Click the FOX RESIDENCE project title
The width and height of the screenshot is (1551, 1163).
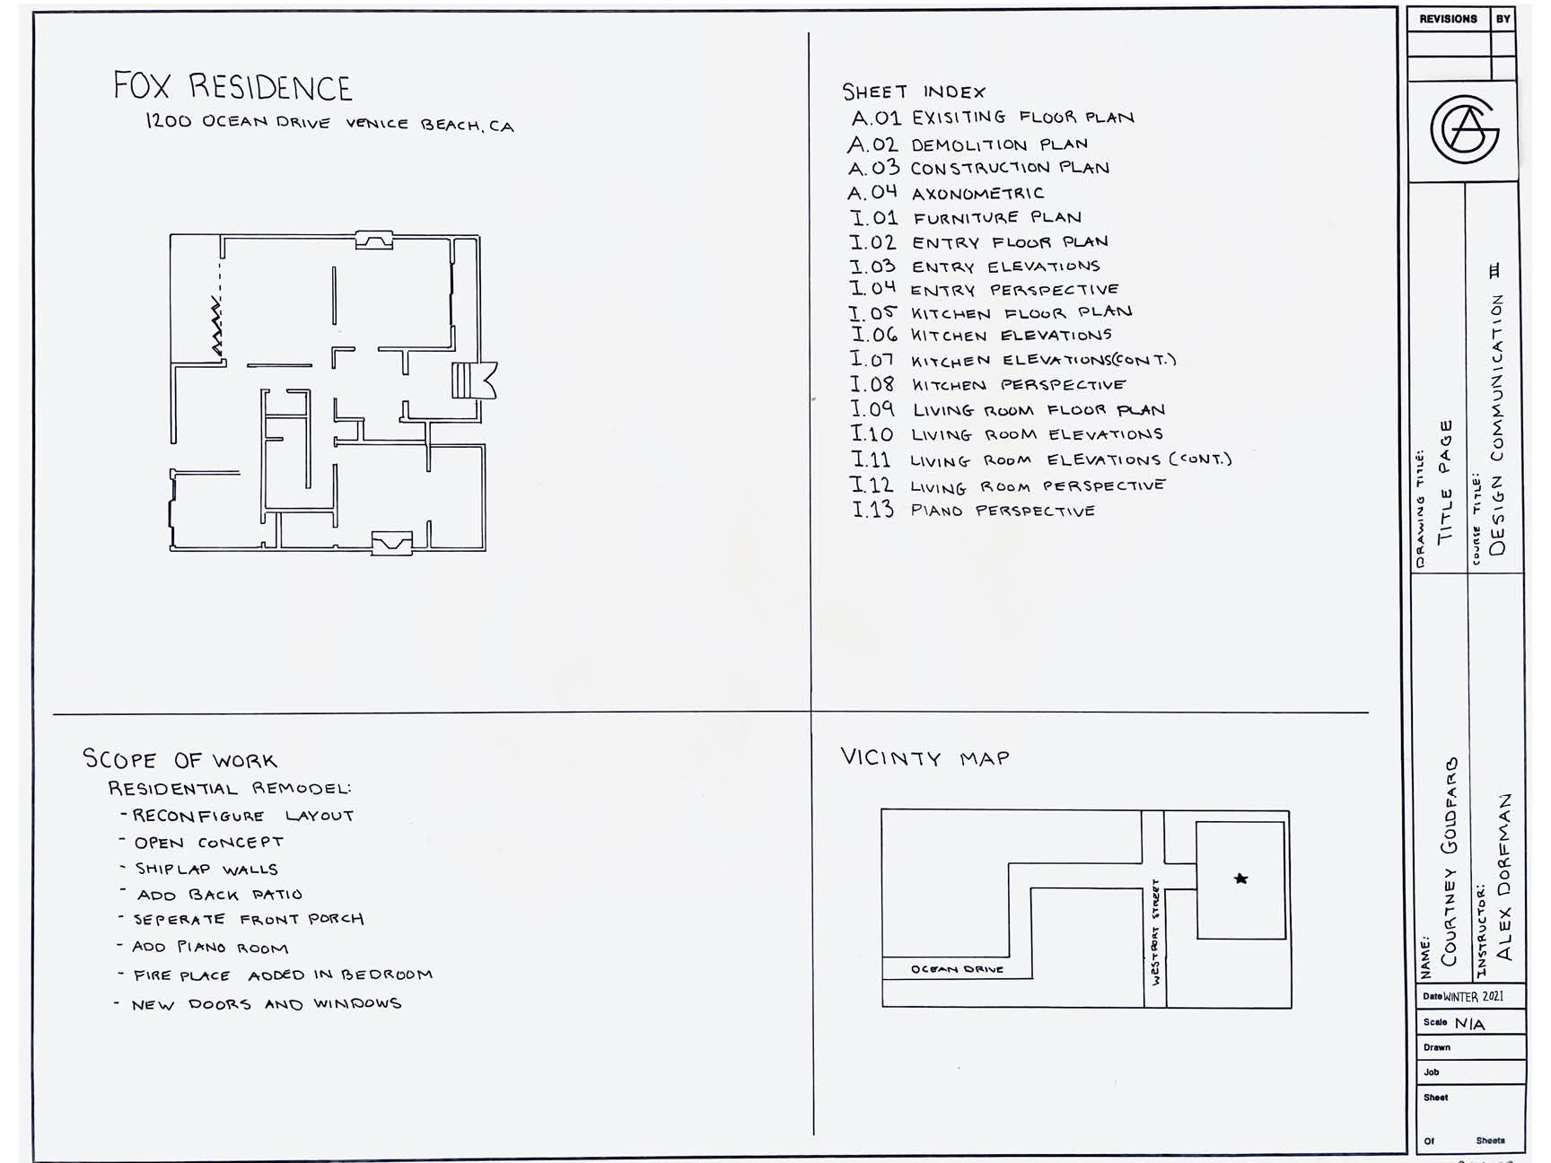[x=232, y=87]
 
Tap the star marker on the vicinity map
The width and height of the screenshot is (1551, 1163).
[x=1240, y=879]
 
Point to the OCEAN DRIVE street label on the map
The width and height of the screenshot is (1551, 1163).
[x=957, y=969]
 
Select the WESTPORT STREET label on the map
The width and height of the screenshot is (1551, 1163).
[x=1155, y=932]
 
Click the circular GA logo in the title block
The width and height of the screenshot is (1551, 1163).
[x=1464, y=130]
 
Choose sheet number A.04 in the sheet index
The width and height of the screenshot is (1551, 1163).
[x=872, y=193]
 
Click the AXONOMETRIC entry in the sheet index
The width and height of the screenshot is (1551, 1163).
[x=977, y=194]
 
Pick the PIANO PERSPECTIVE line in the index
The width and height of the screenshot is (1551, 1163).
[x=1003, y=511]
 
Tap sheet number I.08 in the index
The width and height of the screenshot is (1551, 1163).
[x=872, y=384]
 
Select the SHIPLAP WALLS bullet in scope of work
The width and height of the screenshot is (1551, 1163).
[x=206, y=869]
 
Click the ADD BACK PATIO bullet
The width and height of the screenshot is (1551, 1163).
[x=219, y=895]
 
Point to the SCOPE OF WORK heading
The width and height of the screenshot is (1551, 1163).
[x=180, y=760]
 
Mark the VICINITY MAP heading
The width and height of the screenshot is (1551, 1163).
[x=924, y=758]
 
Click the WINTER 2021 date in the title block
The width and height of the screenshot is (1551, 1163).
[x=1473, y=996]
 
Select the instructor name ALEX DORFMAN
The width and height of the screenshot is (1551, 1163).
[x=1503, y=875]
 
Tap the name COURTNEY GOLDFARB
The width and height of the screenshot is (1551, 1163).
[x=1449, y=861]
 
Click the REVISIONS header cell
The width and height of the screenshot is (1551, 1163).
[x=1448, y=19]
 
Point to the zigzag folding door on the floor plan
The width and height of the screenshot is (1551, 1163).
[x=216, y=328]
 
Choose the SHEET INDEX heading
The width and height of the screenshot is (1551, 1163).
[x=913, y=92]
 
